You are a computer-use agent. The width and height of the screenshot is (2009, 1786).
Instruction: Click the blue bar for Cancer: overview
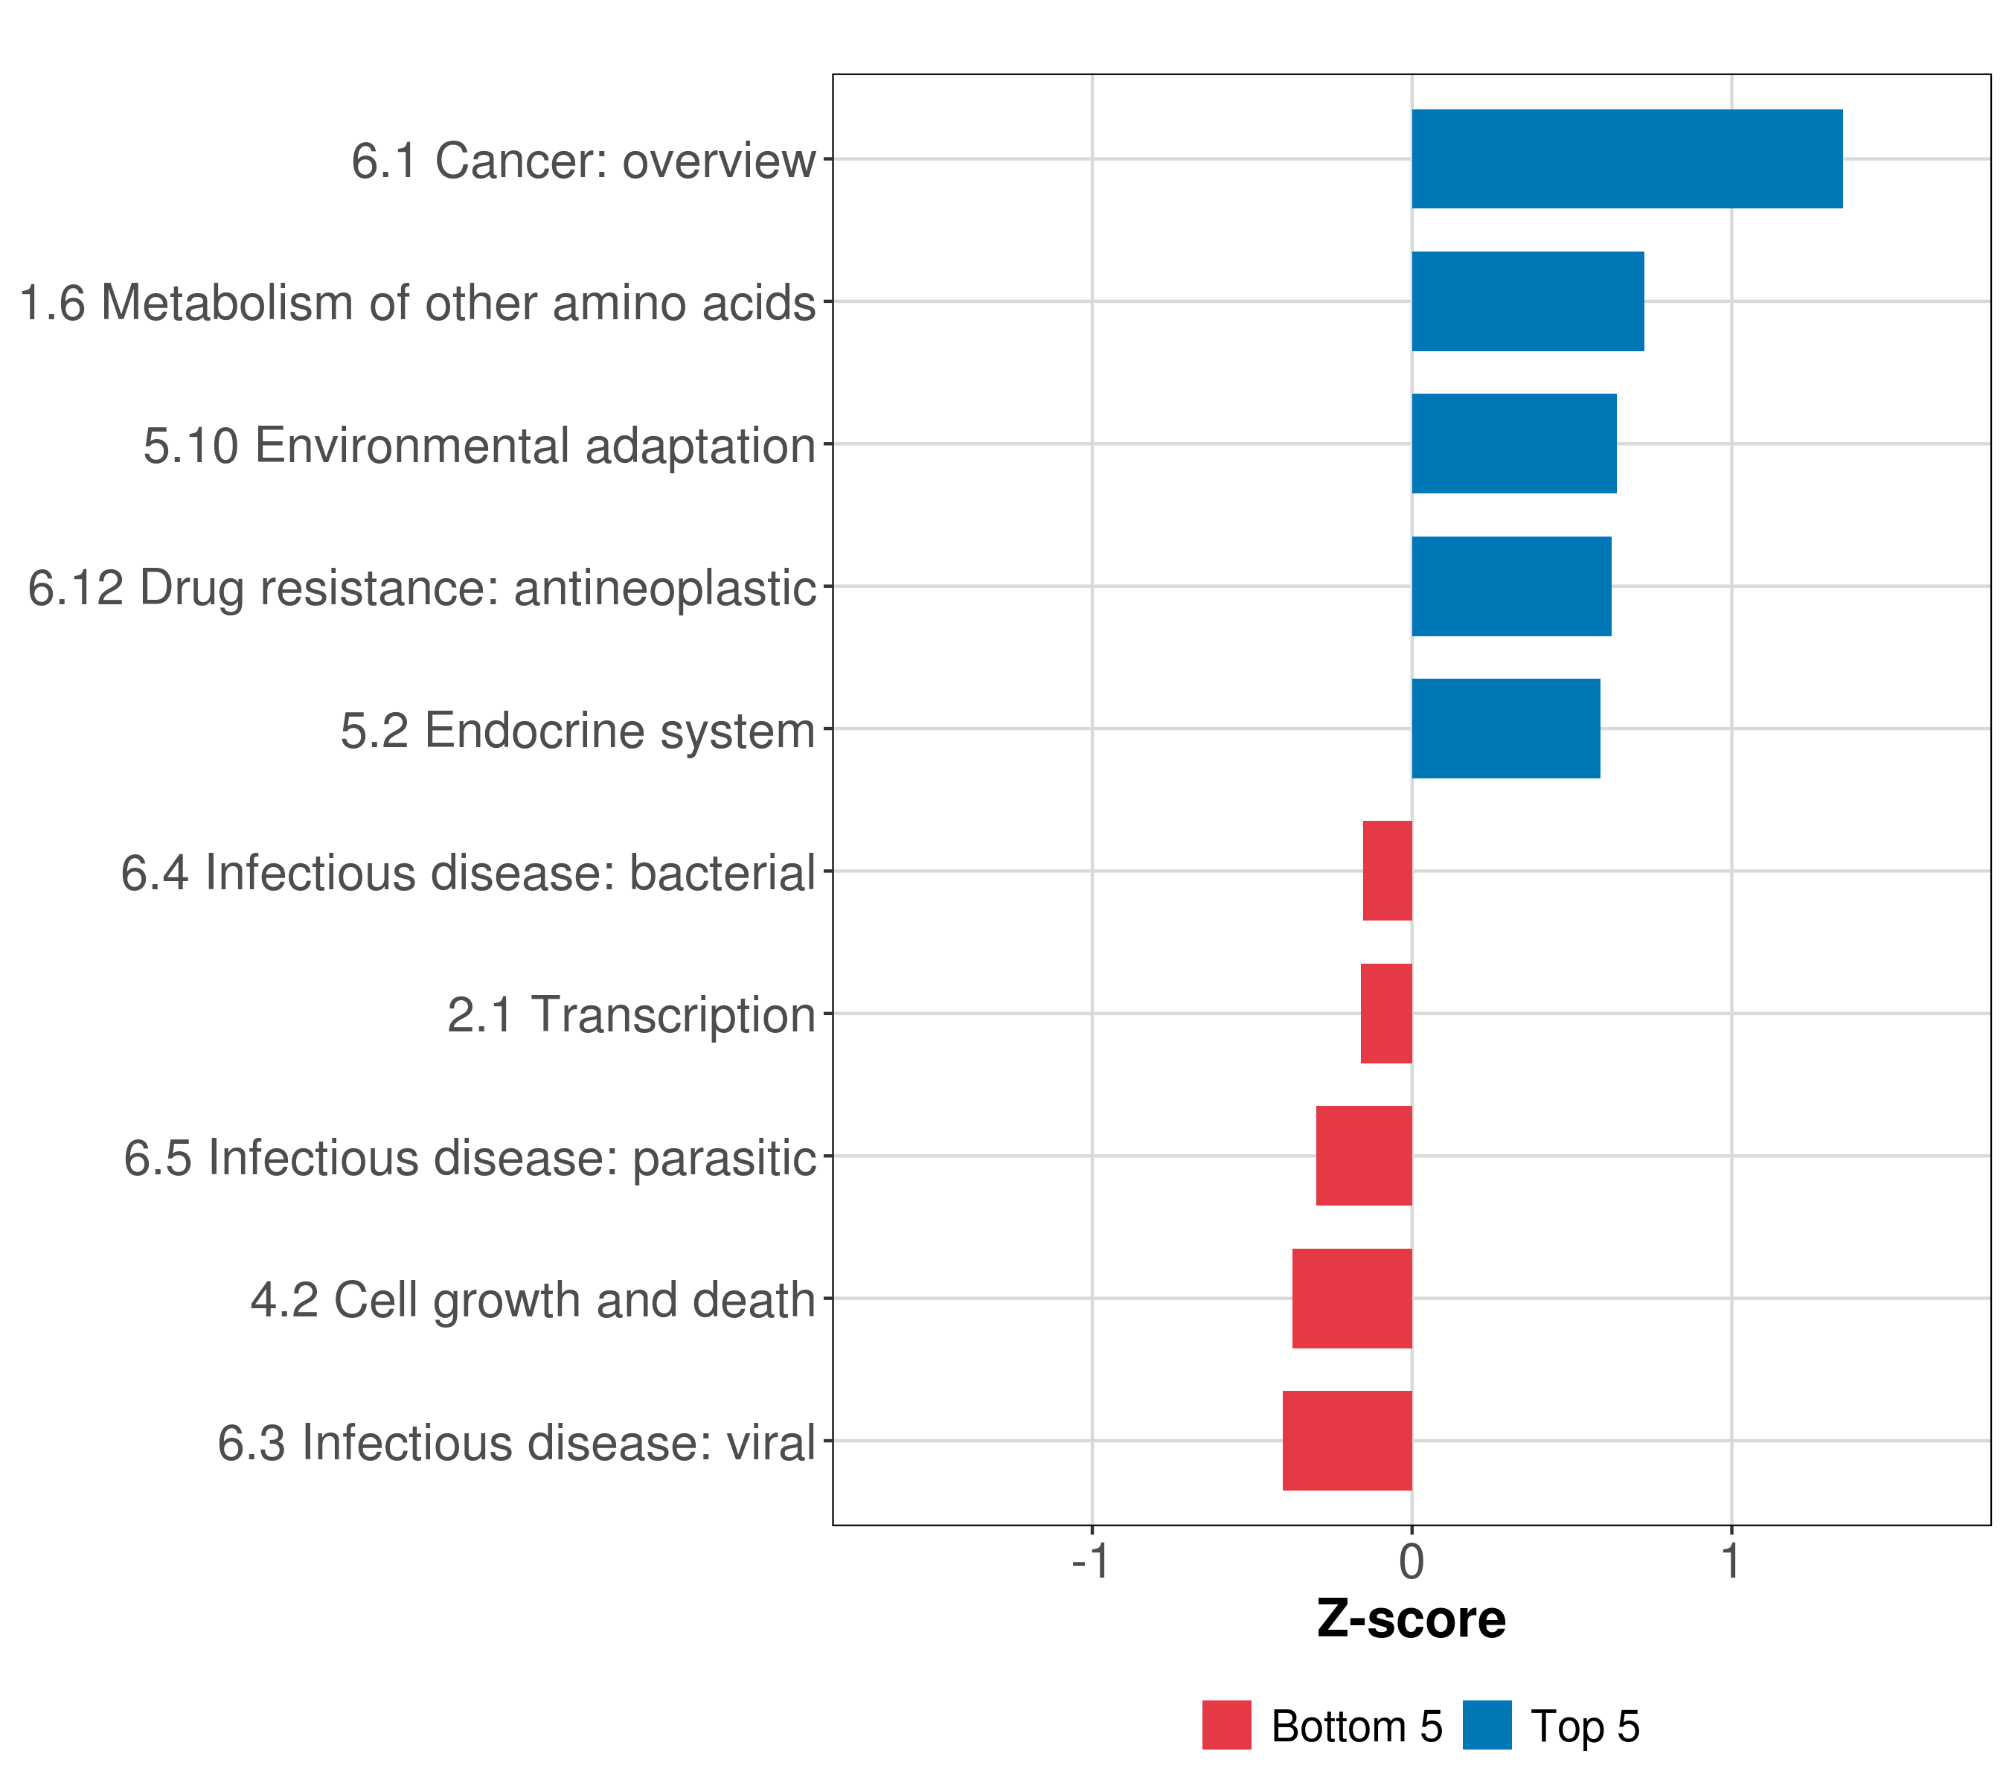point(1627,159)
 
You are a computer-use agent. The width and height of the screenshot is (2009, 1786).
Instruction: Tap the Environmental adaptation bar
point(1513,444)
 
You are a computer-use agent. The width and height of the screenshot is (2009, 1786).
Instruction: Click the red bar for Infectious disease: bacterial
point(1387,871)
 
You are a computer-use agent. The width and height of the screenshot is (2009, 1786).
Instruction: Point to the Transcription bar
point(1386,1014)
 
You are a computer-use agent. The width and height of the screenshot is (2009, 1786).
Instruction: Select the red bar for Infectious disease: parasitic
point(1363,1156)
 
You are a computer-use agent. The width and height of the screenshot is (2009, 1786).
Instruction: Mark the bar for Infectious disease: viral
point(1347,1441)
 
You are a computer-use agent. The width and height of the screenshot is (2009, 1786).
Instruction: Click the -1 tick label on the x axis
point(1091,1561)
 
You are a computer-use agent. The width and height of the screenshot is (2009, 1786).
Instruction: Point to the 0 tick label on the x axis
point(1412,1561)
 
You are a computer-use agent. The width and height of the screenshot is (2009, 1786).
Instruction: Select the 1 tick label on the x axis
point(1731,1561)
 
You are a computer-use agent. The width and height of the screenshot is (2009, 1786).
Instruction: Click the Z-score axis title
point(1411,1620)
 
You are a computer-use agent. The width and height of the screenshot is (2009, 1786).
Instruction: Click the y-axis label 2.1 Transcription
point(631,1014)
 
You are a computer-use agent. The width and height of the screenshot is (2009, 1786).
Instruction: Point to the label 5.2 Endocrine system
point(578,730)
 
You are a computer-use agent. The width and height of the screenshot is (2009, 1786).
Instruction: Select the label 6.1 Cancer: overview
point(583,160)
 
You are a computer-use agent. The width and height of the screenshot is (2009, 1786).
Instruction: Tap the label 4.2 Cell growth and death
point(533,1299)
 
